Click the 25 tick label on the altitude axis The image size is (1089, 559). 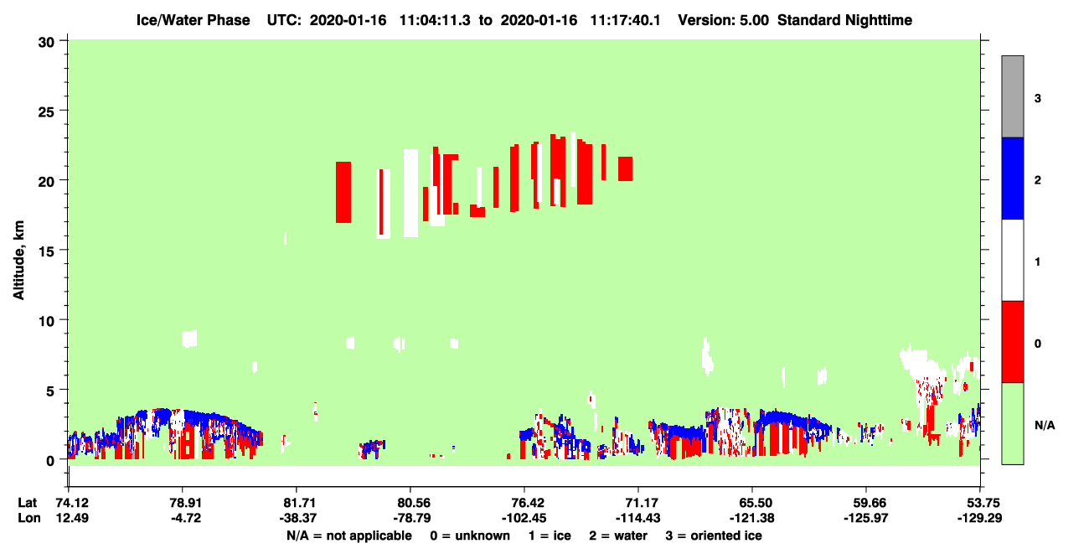[x=46, y=112]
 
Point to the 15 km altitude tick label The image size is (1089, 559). [x=46, y=251]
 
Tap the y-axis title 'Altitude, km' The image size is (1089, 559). [x=18, y=260]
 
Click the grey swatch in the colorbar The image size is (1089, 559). [x=1012, y=96]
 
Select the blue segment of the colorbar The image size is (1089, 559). [x=1012, y=178]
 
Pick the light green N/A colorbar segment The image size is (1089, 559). [x=1012, y=423]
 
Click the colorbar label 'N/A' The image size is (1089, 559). [x=1045, y=425]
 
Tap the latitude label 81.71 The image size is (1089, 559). [x=297, y=503]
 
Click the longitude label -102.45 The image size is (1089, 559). [x=524, y=518]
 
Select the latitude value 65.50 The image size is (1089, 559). [x=752, y=503]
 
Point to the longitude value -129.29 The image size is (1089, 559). [x=979, y=518]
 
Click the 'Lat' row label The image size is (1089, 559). [x=27, y=503]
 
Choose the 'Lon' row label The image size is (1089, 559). [x=29, y=518]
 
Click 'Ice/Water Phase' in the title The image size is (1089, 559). [x=193, y=20]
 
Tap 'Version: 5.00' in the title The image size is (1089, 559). [x=724, y=20]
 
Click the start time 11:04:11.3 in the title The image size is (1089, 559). [x=435, y=20]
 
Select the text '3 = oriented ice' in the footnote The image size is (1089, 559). [x=714, y=536]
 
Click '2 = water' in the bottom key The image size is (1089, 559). [x=618, y=536]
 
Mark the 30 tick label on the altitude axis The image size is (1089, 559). [x=46, y=43]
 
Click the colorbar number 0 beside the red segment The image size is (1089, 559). [x=1038, y=344]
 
